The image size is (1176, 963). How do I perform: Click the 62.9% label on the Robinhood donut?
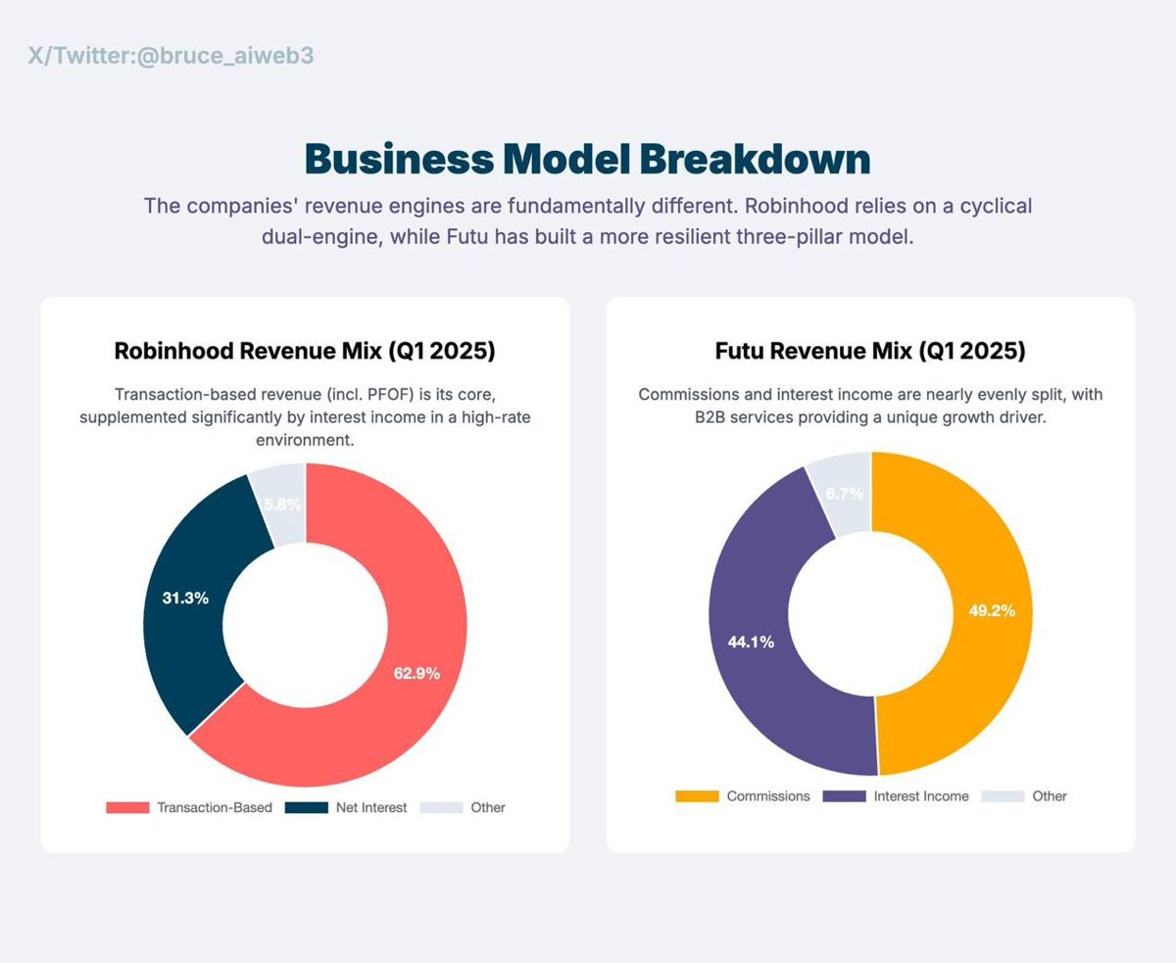tap(416, 673)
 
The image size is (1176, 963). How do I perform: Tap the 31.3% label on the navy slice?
tap(185, 598)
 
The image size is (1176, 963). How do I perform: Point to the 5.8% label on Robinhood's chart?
tap(283, 505)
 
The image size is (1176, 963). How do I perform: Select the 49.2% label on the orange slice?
tap(992, 610)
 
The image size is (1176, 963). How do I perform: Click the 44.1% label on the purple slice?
tap(751, 642)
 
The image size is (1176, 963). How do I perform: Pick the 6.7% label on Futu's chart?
tap(845, 494)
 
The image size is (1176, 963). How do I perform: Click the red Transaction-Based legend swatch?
tap(127, 807)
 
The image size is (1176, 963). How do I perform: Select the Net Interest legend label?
tap(371, 807)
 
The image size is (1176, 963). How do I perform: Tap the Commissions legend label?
tap(768, 796)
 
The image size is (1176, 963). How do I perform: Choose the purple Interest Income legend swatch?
tap(844, 796)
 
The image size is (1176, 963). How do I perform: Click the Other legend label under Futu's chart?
tap(1050, 796)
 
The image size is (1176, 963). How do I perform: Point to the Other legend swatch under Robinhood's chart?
tap(441, 807)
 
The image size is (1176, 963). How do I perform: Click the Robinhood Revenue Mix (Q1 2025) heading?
tap(305, 351)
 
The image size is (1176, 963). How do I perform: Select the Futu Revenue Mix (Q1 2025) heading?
tap(870, 351)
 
